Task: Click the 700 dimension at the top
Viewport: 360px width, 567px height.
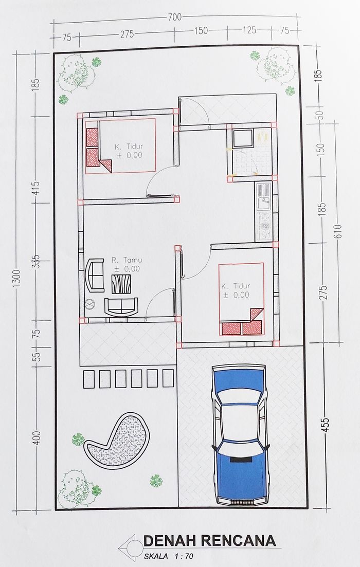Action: point(174,17)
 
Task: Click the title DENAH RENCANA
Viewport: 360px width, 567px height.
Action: point(209,541)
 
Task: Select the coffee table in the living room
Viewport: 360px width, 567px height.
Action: point(121,284)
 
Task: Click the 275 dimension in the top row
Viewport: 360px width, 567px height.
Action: point(127,34)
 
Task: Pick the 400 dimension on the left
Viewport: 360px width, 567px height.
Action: point(39,438)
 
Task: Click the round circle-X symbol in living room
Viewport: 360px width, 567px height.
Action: point(89,304)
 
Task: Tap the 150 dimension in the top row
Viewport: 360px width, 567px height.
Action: point(201,31)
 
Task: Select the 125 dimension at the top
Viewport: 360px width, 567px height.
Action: point(249,30)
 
